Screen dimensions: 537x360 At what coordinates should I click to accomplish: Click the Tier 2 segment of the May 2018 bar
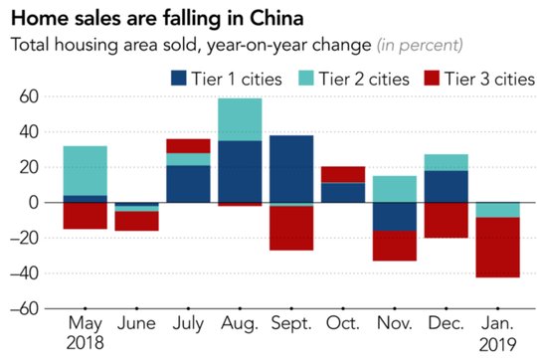[86, 171]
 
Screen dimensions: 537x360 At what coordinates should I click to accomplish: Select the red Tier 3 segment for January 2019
[498, 248]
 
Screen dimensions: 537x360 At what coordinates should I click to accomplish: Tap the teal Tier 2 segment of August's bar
[240, 119]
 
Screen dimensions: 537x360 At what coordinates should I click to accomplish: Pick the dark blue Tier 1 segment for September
[291, 169]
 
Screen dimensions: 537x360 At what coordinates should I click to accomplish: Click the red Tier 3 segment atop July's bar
[188, 146]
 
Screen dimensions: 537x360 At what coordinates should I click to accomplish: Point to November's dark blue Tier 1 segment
[395, 217]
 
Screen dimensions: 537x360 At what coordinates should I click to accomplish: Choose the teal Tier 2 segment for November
[395, 189]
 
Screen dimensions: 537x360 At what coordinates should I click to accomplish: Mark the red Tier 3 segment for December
[447, 220]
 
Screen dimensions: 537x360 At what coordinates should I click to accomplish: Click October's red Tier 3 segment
[343, 175]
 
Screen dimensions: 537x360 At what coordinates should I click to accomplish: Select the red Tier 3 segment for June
[136, 221]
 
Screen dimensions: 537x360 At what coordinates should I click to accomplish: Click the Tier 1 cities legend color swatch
[179, 79]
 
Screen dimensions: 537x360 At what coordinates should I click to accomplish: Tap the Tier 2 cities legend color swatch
[306, 79]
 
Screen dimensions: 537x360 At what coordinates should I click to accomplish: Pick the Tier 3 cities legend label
[489, 79]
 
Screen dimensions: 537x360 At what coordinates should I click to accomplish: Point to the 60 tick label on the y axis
[29, 96]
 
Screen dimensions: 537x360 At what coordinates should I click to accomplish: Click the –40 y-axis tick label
[24, 273]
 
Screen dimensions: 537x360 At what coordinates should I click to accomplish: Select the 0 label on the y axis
[34, 203]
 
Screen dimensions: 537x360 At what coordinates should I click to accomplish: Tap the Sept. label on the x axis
[291, 323]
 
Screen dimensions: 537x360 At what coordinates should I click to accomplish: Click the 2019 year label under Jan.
[497, 345]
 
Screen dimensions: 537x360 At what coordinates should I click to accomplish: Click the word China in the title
[276, 18]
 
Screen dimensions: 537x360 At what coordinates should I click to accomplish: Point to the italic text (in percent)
[420, 45]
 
